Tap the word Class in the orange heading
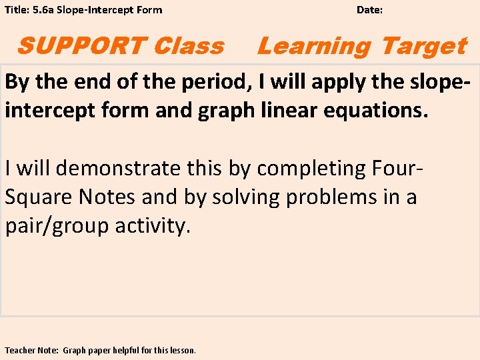[x=189, y=46]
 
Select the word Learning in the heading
[x=314, y=46]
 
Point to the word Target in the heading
[x=423, y=46]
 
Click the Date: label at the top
[x=369, y=10]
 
